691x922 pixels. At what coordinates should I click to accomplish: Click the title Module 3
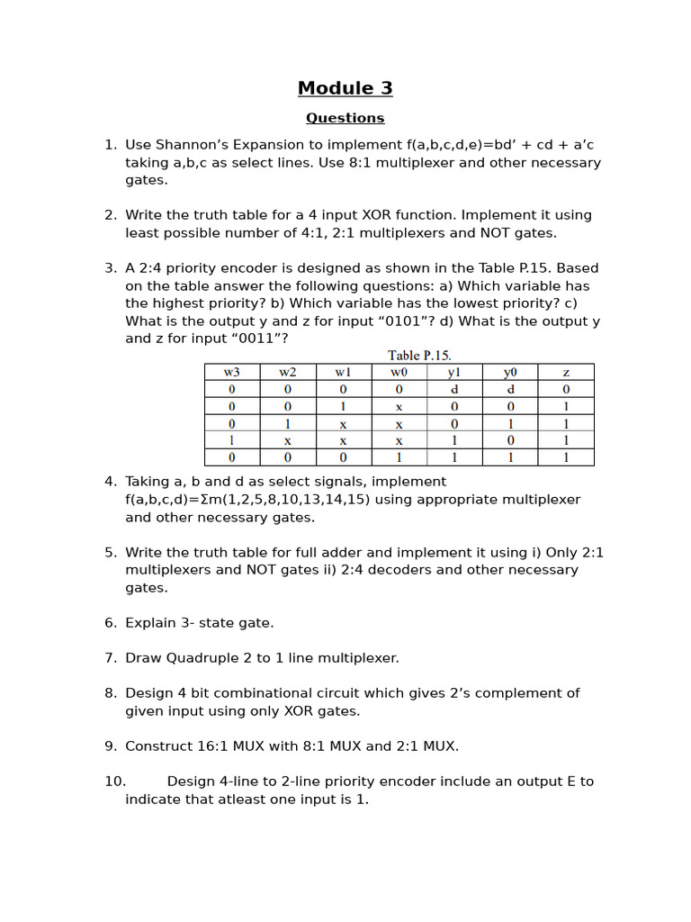click(345, 88)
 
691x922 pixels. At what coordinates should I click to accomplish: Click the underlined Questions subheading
click(345, 118)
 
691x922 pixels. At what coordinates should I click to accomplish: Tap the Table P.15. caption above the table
click(419, 355)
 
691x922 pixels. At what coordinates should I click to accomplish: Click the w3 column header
click(232, 372)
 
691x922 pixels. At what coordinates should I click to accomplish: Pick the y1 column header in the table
click(454, 372)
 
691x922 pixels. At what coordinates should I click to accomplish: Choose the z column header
click(566, 372)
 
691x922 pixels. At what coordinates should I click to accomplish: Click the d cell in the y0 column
click(510, 389)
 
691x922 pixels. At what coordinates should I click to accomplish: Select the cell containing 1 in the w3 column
click(232, 440)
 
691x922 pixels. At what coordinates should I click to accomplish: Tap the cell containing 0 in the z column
click(566, 389)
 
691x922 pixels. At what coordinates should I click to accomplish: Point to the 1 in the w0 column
click(399, 457)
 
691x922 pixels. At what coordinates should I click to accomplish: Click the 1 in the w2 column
click(287, 423)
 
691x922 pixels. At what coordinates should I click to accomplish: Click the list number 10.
click(113, 782)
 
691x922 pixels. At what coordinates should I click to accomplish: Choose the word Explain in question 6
click(153, 623)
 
